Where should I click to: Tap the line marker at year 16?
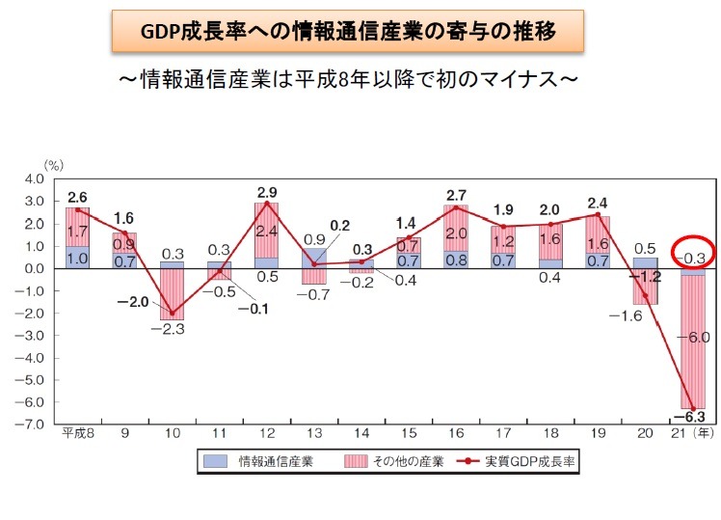(x=458, y=207)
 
